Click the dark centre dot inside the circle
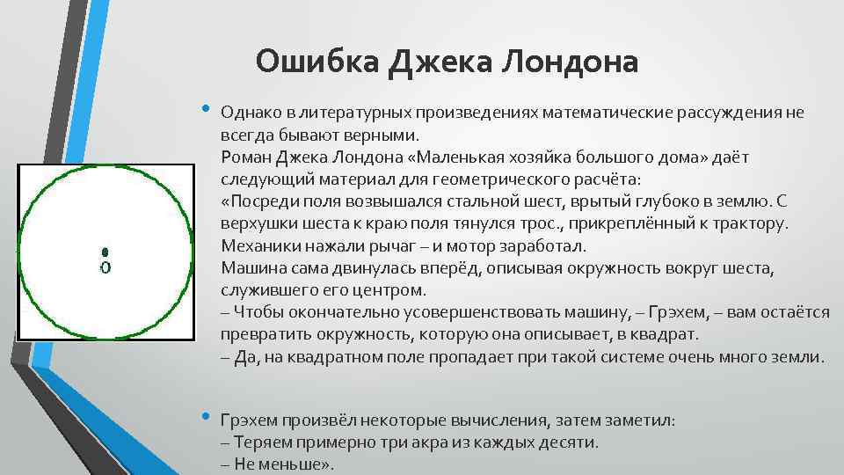coord(105,252)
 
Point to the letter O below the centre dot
coord(105,266)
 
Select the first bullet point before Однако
coord(206,109)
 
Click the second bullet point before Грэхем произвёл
coord(206,416)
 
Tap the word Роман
coord(246,157)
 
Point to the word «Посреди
coord(262,201)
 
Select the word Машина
coord(252,267)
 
